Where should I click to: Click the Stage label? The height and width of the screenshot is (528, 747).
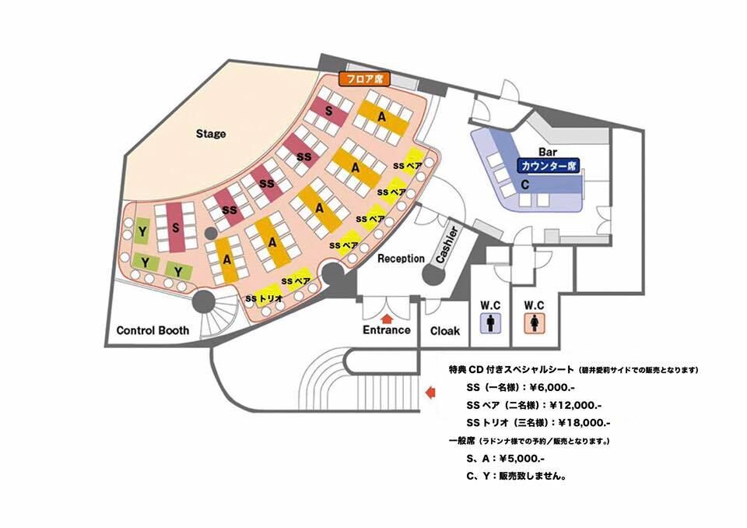click(x=211, y=133)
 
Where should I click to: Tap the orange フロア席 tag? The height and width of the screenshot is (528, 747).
click(x=364, y=79)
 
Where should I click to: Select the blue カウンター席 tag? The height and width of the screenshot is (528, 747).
click(x=549, y=166)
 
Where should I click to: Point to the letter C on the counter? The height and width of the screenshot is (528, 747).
click(x=525, y=185)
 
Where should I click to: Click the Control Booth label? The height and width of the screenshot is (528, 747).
click(x=153, y=330)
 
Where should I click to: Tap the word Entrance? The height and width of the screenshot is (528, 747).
click(x=387, y=329)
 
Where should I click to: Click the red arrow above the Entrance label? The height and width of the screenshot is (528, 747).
click(x=387, y=318)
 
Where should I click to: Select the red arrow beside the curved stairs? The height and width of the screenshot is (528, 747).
click(x=430, y=392)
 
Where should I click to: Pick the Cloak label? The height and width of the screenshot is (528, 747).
click(x=445, y=330)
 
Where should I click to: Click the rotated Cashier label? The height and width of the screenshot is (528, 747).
click(x=447, y=245)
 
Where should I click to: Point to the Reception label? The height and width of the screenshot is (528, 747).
click(x=402, y=259)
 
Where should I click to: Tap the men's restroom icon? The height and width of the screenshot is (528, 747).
click(x=490, y=322)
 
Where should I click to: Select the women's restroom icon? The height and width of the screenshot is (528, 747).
click(x=534, y=322)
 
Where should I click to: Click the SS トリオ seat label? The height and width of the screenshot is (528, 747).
click(x=265, y=298)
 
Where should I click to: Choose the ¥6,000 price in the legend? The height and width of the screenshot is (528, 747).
click(x=549, y=388)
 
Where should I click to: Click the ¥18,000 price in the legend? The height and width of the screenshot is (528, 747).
click(x=584, y=423)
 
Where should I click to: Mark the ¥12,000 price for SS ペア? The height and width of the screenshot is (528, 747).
click(x=576, y=406)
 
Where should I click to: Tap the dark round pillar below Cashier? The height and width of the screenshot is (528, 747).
click(x=433, y=275)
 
